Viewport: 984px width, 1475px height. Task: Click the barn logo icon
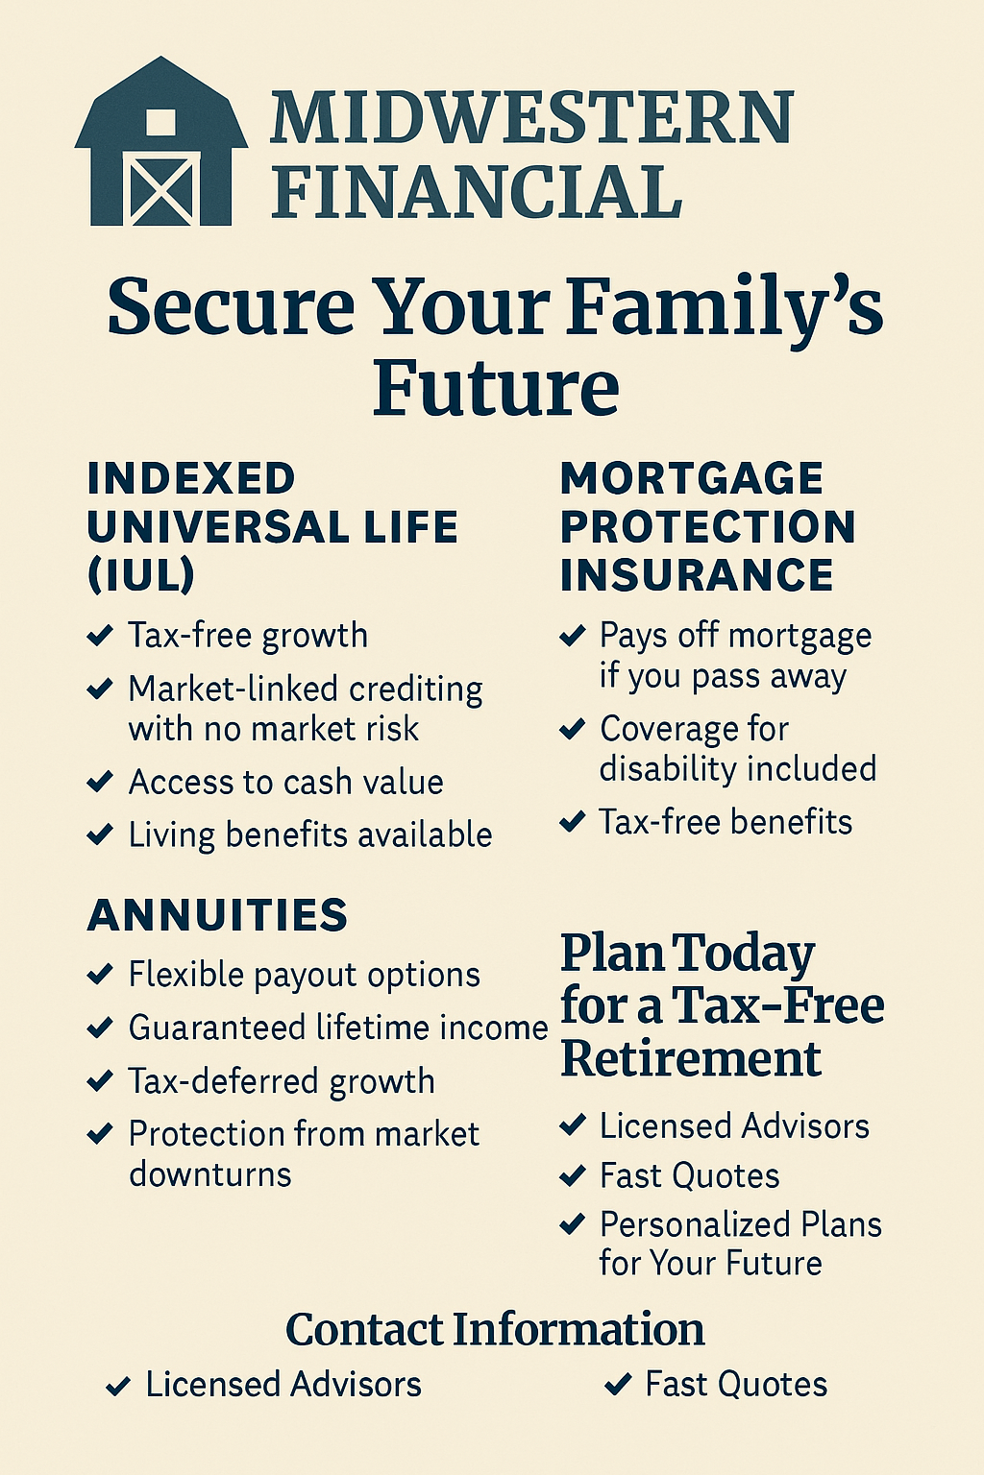coord(161,141)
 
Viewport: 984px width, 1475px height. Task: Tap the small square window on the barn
coord(160,122)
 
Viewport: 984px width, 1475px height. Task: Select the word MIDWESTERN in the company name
coord(531,118)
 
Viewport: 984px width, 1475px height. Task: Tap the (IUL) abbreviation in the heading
coord(140,574)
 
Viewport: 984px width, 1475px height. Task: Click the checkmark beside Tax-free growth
coord(100,636)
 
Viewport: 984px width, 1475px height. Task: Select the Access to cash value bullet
coord(285,783)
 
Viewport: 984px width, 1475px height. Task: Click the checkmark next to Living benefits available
coord(100,834)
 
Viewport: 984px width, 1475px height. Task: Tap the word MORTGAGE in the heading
coord(691,478)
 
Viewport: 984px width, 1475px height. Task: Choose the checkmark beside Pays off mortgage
coord(572,636)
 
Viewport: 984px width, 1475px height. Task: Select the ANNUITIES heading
coord(217,914)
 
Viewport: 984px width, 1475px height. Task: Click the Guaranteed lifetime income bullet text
coord(338,1028)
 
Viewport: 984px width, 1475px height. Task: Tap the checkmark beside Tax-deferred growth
coord(100,1081)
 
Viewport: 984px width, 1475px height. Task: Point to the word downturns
coord(209,1174)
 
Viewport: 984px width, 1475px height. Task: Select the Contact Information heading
coord(496,1329)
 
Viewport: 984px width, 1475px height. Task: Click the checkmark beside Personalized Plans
coord(572,1224)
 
